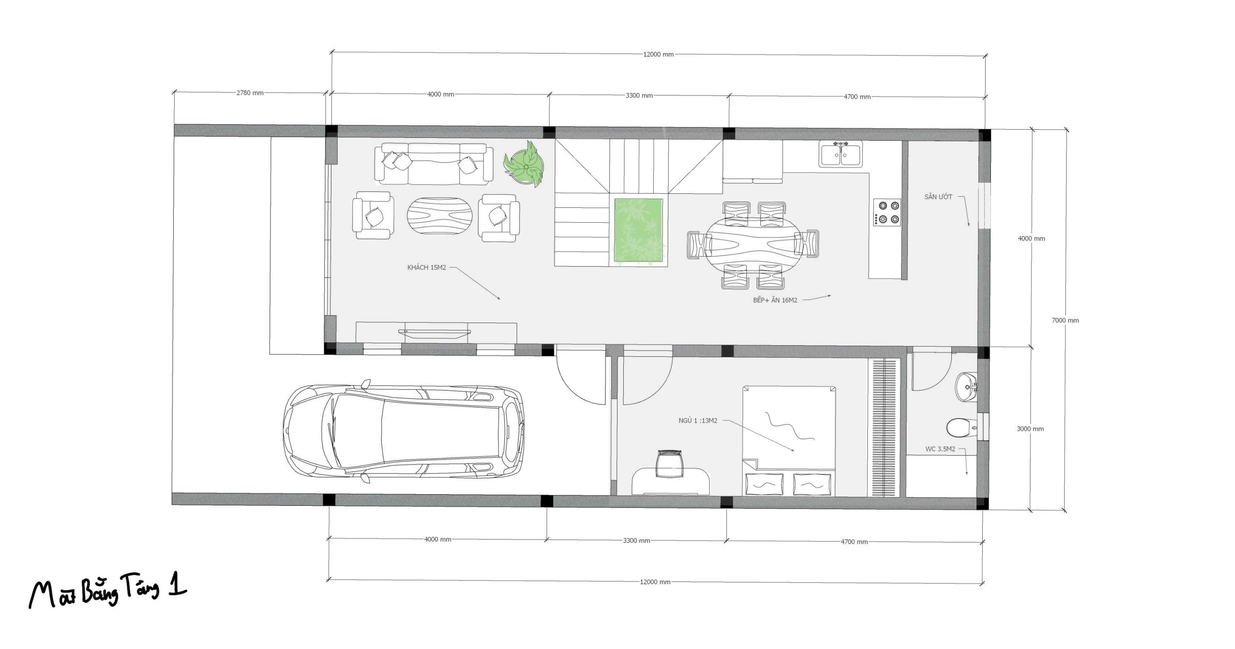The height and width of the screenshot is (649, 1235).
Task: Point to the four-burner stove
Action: (x=887, y=212)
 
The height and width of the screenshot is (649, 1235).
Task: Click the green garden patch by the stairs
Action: (x=641, y=230)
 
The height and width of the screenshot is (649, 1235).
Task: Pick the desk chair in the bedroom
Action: (x=670, y=463)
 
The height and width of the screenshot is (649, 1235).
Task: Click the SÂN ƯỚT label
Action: (x=938, y=197)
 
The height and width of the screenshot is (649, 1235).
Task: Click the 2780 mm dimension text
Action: (x=250, y=93)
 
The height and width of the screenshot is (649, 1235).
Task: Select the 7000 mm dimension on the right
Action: (x=1065, y=320)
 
